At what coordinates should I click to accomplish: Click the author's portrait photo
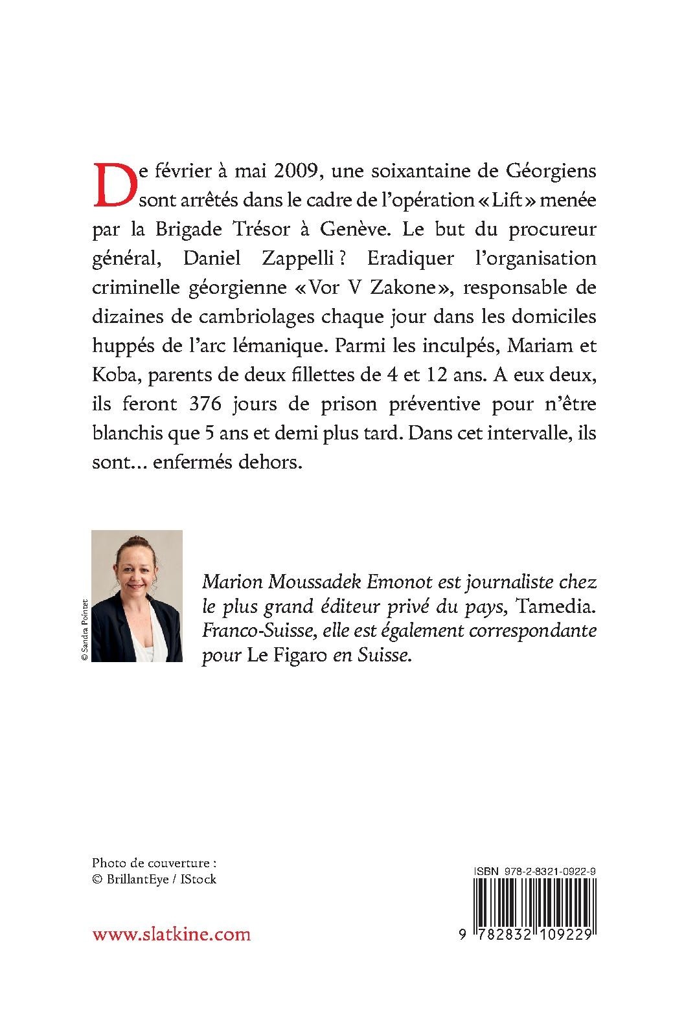tap(137, 595)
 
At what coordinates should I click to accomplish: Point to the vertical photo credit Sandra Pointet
tap(84, 628)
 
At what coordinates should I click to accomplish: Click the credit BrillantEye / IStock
tap(154, 879)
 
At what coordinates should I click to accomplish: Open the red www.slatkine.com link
tap(171, 933)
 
